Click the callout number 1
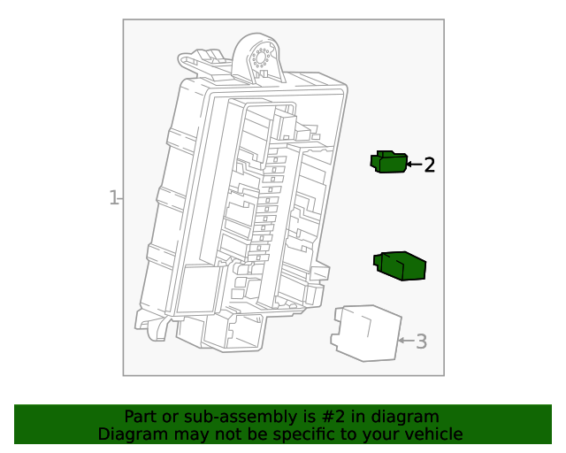(x=112, y=198)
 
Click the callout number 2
(x=429, y=165)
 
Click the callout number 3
(x=421, y=341)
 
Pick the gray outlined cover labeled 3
(x=365, y=333)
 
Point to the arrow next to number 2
(x=413, y=165)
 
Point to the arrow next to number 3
(x=406, y=340)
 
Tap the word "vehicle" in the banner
(x=432, y=434)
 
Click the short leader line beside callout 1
(x=120, y=198)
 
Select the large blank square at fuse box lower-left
(x=199, y=291)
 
